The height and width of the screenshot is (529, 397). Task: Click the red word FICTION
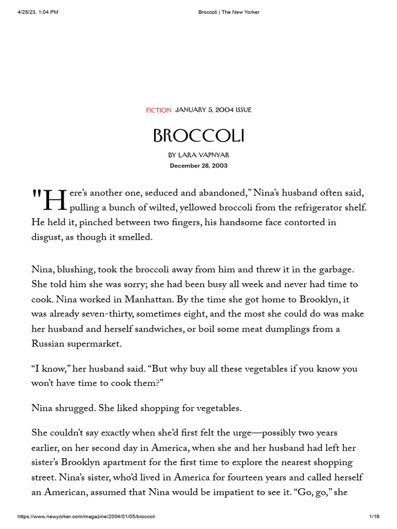(159, 110)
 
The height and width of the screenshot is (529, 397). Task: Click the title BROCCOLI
(198, 136)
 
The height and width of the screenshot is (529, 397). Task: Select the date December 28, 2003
(198, 166)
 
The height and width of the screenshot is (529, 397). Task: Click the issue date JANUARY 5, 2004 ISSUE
(213, 110)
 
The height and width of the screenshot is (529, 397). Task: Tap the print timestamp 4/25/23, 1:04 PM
(37, 12)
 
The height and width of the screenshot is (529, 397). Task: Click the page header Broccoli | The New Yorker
(229, 12)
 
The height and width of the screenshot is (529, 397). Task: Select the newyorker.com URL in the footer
(86, 516)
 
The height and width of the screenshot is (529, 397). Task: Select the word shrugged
(77, 408)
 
